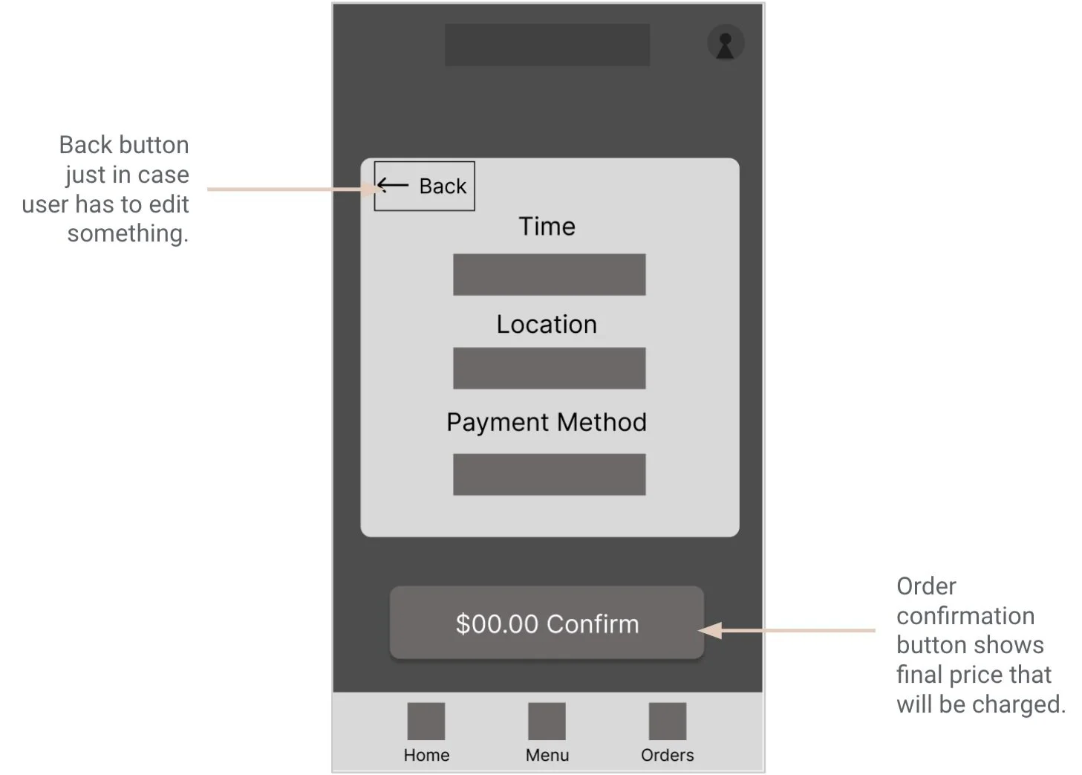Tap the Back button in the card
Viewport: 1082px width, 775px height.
424,186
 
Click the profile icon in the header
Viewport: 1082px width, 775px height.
726,43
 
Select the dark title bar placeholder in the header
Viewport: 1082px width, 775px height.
547,45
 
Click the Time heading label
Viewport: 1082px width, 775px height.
547,227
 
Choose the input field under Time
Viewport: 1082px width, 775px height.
549,274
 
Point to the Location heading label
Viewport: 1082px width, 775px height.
547,325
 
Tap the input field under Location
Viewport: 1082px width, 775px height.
549,368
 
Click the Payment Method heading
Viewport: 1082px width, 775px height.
547,422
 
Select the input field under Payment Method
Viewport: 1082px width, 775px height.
549,474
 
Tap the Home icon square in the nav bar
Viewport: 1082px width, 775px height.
426,721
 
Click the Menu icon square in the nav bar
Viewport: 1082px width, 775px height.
547,721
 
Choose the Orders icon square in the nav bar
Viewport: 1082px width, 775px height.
667,721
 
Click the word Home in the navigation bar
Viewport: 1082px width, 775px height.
426,755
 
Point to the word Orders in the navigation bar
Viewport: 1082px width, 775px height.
667,755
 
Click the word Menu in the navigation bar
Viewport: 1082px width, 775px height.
547,755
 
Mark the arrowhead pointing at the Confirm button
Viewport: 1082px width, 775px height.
710,631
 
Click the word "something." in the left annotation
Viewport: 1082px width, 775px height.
128,233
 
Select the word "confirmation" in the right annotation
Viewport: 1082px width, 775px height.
965,616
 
